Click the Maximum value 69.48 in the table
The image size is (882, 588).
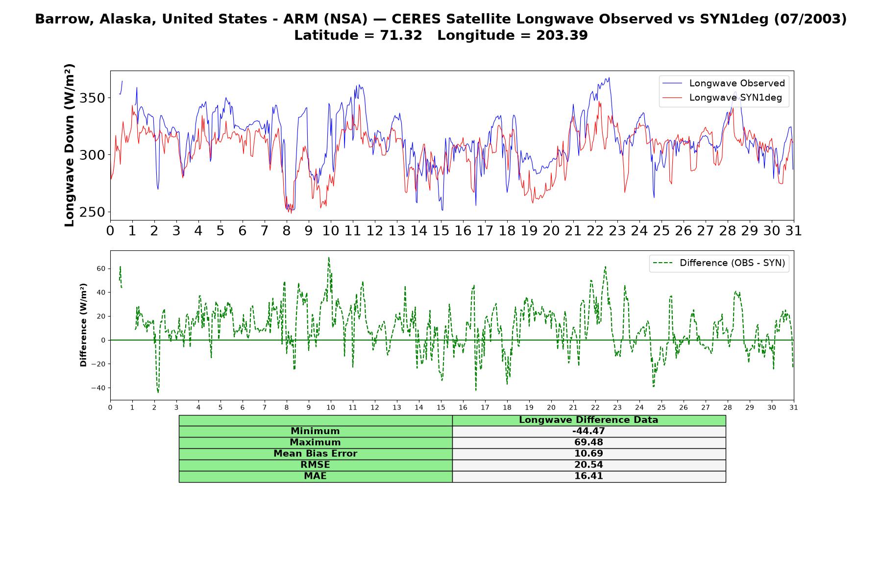(588, 442)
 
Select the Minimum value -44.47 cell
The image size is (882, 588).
(588, 431)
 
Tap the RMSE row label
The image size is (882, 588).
(315, 465)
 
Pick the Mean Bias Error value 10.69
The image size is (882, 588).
(588, 454)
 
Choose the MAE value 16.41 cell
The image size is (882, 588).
(588, 476)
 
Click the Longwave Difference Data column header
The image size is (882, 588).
(588, 420)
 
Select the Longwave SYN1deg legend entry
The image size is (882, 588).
(722, 98)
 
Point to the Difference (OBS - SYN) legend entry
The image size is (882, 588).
(719, 263)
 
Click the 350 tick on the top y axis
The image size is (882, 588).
(92, 98)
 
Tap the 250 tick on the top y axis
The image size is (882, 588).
(92, 212)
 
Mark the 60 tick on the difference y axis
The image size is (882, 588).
(101, 269)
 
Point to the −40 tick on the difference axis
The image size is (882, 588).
(98, 388)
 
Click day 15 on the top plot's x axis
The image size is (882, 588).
(441, 231)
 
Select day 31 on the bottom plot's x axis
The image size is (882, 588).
(794, 407)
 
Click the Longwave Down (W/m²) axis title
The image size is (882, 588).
(69, 145)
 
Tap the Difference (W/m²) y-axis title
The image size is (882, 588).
(83, 325)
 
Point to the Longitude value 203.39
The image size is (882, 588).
(562, 35)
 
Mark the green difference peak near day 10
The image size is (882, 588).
(329, 258)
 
